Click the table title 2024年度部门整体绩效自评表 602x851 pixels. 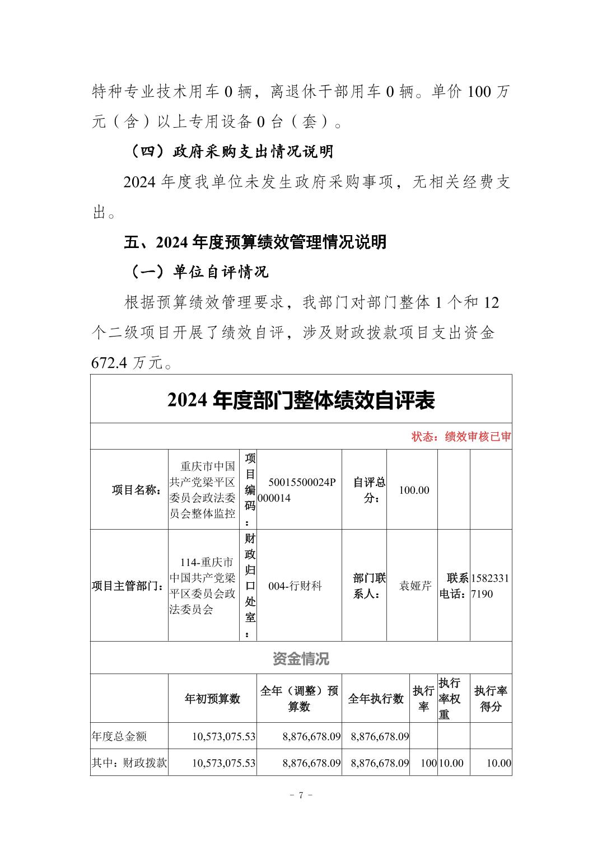pos(301,400)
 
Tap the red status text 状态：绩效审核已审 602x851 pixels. pos(461,437)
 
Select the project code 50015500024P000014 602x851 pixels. pos(299,490)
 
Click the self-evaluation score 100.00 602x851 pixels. pos(414,490)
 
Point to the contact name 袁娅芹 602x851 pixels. pos(415,586)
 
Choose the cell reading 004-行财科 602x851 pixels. pos(295,586)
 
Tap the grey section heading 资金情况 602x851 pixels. pos(301,658)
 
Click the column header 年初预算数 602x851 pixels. pos(212,698)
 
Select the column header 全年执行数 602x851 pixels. pos(376,698)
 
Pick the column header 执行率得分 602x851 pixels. pos(491,698)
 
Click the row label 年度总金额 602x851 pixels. pos(119,736)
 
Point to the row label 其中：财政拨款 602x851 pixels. pos(129,763)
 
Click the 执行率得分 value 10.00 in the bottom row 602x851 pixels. pos(498,763)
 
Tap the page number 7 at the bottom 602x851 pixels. pos(301,796)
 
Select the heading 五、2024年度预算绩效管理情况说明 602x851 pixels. pos(255,242)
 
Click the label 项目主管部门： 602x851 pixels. pos(128,586)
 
